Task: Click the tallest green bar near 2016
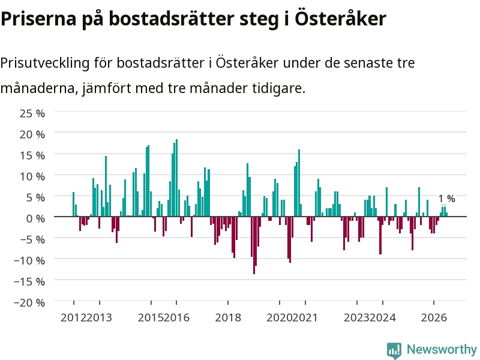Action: click(x=176, y=178)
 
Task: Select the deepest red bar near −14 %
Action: click(x=254, y=245)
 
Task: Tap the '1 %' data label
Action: click(x=446, y=199)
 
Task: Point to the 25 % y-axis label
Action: click(x=32, y=113)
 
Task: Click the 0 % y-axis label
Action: click(x=35, y=218)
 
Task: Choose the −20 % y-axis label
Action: click(x=29, y=302)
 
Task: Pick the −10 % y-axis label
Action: click(x=29, y=260)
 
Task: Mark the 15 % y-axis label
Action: click(x=32, y=155)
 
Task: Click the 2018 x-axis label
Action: click(x=228, y=317)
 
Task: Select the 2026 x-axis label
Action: click(x=434, y=317)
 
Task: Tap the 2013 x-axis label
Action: click(x=99, y=317)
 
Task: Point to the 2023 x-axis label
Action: click(x=356, y=317)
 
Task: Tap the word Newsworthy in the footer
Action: click(x=442, y=349)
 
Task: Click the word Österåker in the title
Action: click(x=340, y=19)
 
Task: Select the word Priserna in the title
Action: click(x=38, y=19)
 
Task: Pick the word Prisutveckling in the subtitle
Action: click(x=45, y=63)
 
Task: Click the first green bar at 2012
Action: click(x=73, y=204)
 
